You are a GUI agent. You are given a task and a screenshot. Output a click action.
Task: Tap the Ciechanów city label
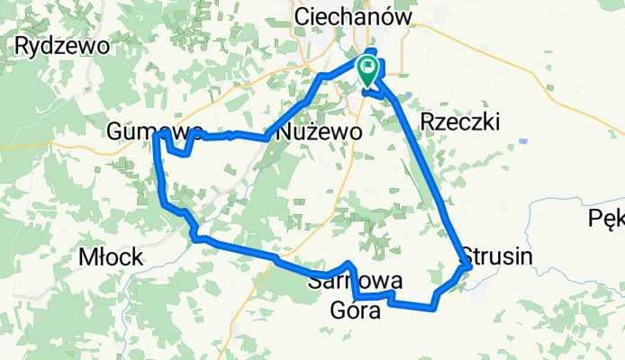[353, 17]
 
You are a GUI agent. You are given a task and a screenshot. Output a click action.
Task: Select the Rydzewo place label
[62, 45]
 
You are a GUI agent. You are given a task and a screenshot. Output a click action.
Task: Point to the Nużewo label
[321, 131]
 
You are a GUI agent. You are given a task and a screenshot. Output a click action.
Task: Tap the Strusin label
[497, 256]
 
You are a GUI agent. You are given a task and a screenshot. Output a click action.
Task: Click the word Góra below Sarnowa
[361, 310]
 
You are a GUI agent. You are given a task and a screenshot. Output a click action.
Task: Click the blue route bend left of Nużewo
[266, 138]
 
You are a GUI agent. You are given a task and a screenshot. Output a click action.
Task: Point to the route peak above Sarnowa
[349, 264]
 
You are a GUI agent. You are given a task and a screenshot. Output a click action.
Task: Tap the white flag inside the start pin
[369, 67]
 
